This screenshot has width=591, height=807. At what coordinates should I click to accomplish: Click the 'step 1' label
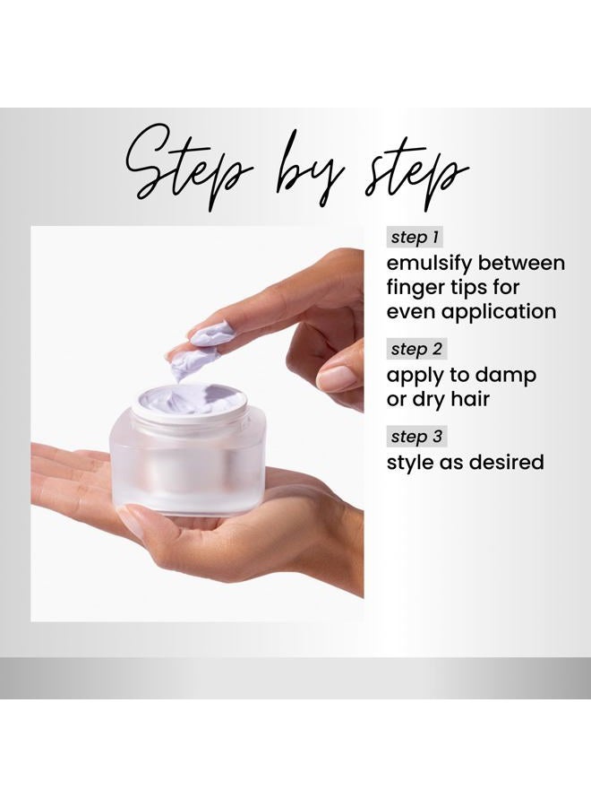click(x=415, y=238)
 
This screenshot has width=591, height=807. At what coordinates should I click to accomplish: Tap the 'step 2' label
click(x=416, y=349)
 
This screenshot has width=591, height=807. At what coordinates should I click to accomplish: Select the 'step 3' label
click(x=416, y=437)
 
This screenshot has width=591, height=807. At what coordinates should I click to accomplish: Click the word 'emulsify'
click(x=429, y=263)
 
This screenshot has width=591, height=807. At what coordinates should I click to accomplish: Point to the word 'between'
click(x=521, y=263)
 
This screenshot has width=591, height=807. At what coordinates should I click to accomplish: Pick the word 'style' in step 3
click(x=409, y=463)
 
